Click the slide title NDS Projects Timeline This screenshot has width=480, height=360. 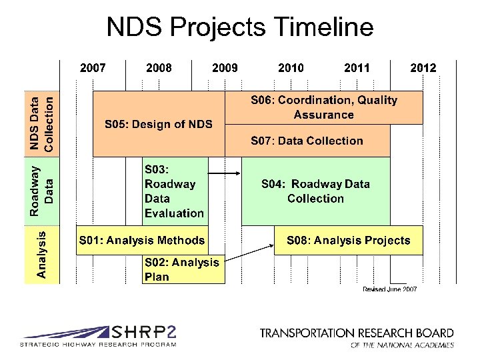pos(240,27)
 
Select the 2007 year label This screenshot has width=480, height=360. pos(93,68)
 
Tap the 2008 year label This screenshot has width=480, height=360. pos(159,68)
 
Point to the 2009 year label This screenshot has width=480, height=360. pos(225,68)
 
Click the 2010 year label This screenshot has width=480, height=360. pos(291,68)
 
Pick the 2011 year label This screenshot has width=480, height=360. pos(357,68)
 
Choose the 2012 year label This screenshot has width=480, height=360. pos(423,68)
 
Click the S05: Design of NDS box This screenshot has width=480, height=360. pos(159,124)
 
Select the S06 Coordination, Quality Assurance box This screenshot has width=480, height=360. pos(323,107)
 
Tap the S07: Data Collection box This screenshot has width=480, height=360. pos(307,141)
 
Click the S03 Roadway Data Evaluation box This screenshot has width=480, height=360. pos(174,191)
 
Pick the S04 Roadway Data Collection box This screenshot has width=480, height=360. pos(315,191)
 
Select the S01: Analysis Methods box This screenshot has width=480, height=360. pos(142,240)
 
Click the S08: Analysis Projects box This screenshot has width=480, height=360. pos(348,240)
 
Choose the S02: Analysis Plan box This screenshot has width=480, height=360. pos(182,269)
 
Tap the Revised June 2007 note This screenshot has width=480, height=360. pos(390,289)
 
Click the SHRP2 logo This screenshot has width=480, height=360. pos(98,336)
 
